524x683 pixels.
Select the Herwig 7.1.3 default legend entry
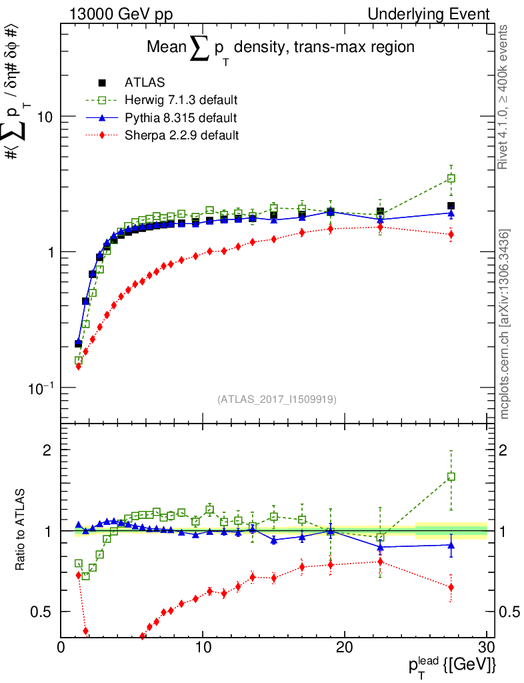(181, 101)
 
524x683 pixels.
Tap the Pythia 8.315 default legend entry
(180, 118)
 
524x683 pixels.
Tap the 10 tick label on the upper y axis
(45, 117)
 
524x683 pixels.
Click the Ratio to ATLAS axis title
(21, 531)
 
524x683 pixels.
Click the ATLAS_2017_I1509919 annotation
(277, 399)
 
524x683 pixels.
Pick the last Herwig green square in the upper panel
(451, 178)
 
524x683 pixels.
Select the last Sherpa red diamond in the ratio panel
(451, 588)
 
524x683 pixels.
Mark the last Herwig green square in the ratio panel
(451, 477)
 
